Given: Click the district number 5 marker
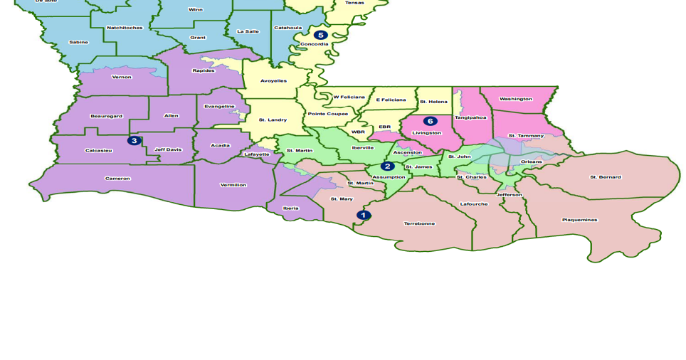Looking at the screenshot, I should [x=321, y=35].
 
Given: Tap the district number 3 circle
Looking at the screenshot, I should [x=134, y=140].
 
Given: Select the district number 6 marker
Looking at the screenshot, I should [x=431, y=121].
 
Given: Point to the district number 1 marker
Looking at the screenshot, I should [x=364, y=215].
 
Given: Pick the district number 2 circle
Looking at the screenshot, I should [x=388, y=166].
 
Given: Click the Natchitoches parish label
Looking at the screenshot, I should [x=125, y=28].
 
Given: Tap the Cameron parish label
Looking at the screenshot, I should [x=117, y=179].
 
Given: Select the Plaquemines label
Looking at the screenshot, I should [x=580, y=220].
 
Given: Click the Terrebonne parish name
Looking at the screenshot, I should [x=419, y=223].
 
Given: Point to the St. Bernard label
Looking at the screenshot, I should [x=606, y=177].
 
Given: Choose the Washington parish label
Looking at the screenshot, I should [x=516, y=99].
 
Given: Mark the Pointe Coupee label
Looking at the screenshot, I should [x=328, y=114].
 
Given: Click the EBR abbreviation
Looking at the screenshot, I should [x=385, y=127].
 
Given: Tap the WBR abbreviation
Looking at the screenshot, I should [x=358, y=132].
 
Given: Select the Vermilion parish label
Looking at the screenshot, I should [x=233, y=185].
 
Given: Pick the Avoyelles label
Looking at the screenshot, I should [x=273, y=80].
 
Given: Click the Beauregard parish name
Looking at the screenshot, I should [x=106, y=116].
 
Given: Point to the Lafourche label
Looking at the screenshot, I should [x=474, y=204].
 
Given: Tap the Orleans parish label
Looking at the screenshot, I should [x=531, y=162].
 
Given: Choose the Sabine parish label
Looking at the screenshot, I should [x=78, y=42].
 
